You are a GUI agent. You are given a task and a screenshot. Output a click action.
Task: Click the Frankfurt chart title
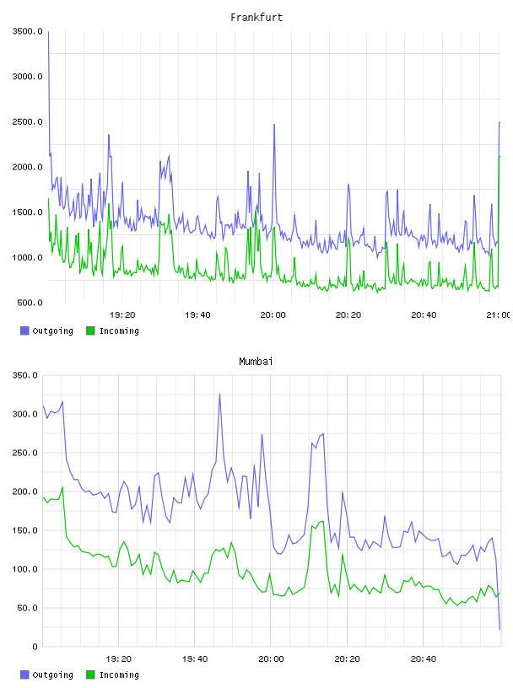pos(256,18)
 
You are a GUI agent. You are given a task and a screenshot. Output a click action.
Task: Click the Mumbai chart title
pos(256,362)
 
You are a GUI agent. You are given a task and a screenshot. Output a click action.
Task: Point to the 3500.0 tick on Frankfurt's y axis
pos(28,31)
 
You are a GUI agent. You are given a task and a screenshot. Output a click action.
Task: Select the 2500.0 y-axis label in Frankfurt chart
pos(28,121)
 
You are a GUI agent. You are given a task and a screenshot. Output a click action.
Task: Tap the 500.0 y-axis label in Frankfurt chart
pos(30,303)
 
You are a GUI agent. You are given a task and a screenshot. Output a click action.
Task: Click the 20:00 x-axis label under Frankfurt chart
pos(273,315)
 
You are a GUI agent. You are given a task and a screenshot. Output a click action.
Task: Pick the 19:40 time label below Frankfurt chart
pos(197,315)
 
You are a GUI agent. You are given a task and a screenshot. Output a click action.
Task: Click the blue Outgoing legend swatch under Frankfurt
pos(24,331)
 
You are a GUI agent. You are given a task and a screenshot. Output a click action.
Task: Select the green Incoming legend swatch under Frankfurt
pos(90,331)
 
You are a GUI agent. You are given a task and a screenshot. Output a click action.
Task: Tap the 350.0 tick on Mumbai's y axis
pos(25,375)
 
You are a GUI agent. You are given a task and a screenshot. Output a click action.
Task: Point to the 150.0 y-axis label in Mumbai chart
pos(25,530)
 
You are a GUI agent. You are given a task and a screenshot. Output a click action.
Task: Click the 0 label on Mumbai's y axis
pos(35,647)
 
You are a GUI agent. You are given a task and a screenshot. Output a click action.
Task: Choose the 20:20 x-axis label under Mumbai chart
pos(347,659)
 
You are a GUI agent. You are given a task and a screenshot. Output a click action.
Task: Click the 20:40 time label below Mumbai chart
pos(424,659)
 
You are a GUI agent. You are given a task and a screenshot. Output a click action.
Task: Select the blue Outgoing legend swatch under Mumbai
pos(24,675)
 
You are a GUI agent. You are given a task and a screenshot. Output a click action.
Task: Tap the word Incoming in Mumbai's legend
pos(119,675)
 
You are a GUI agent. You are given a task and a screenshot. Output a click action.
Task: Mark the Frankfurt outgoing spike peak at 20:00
pos(274,125)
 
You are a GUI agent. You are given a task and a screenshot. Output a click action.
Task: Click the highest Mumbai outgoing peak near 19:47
pos(219,395)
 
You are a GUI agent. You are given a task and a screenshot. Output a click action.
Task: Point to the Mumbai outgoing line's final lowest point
pos(499,629)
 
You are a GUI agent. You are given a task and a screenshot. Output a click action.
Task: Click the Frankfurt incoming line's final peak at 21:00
pos(499,157)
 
